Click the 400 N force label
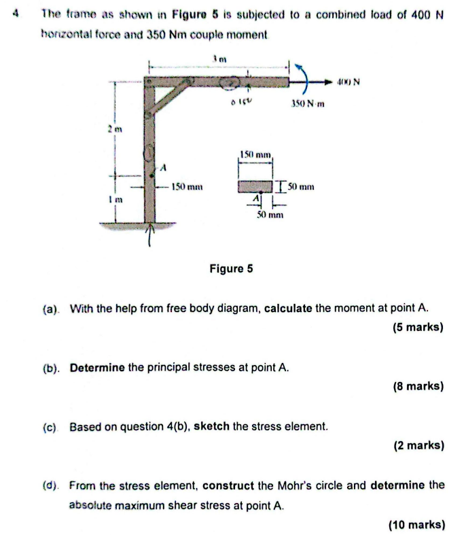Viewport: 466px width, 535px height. pos(348,83)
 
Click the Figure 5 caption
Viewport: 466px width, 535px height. pos(230,269)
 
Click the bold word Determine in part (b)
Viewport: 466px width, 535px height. pos(96,367)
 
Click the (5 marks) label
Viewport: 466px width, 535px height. pos(418,327)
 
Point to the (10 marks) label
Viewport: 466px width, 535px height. pos(415,524)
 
